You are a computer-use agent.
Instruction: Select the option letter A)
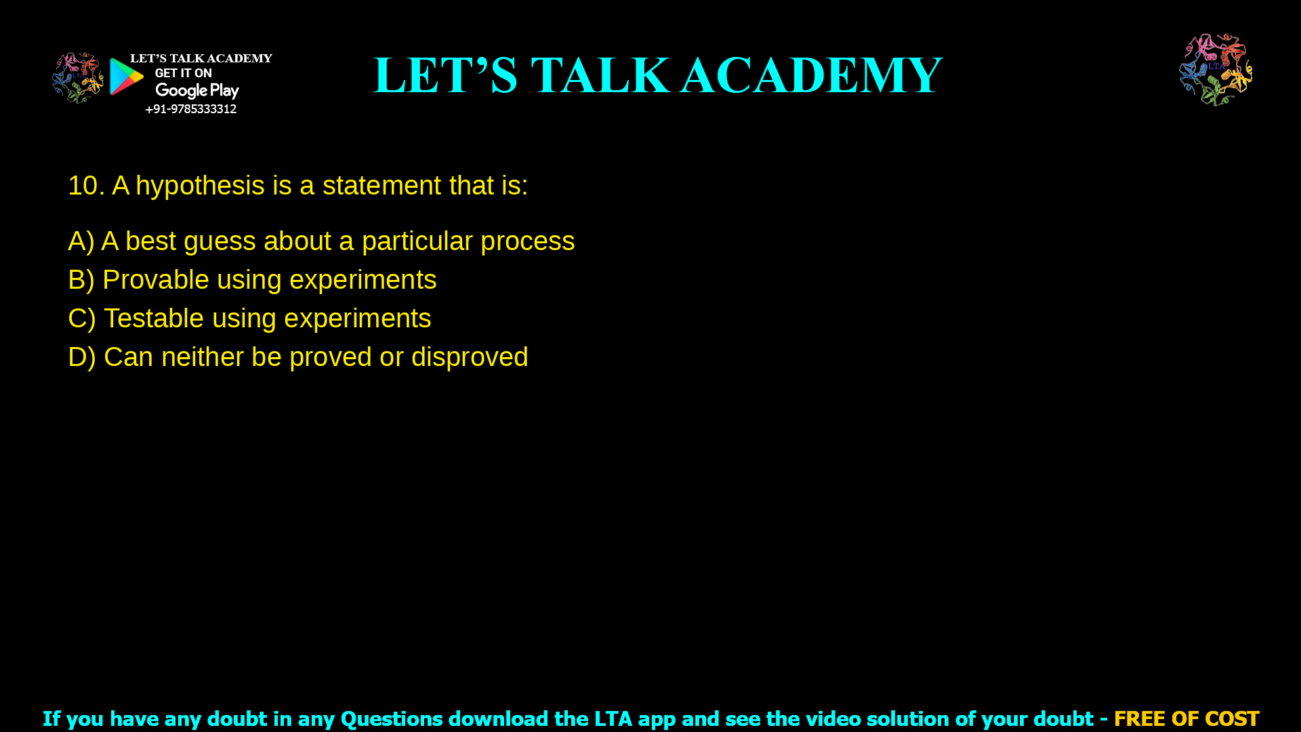tap(81, 242)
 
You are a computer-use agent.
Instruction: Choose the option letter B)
tap(81, 281)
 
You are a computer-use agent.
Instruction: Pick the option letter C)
tap(81, 319)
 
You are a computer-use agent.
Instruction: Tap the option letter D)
tap(81, 358)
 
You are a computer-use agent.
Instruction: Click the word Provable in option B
tap(155, 281)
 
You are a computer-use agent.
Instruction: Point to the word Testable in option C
tap(154, 319)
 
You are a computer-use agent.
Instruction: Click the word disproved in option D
tap(469, 358)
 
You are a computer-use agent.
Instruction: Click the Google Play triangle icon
tap(126, 77)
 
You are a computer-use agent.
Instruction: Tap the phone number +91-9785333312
tap(190, 109)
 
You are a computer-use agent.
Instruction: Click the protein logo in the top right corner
tap(1216, 70)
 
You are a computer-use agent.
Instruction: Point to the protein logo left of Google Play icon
tap(78, 78)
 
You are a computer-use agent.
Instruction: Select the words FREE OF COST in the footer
tap(1186, 718)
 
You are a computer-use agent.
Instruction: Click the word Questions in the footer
tap(391, 719)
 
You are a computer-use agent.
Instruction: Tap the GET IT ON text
tap(183, 73)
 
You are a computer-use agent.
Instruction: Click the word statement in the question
tap(381, 186)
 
